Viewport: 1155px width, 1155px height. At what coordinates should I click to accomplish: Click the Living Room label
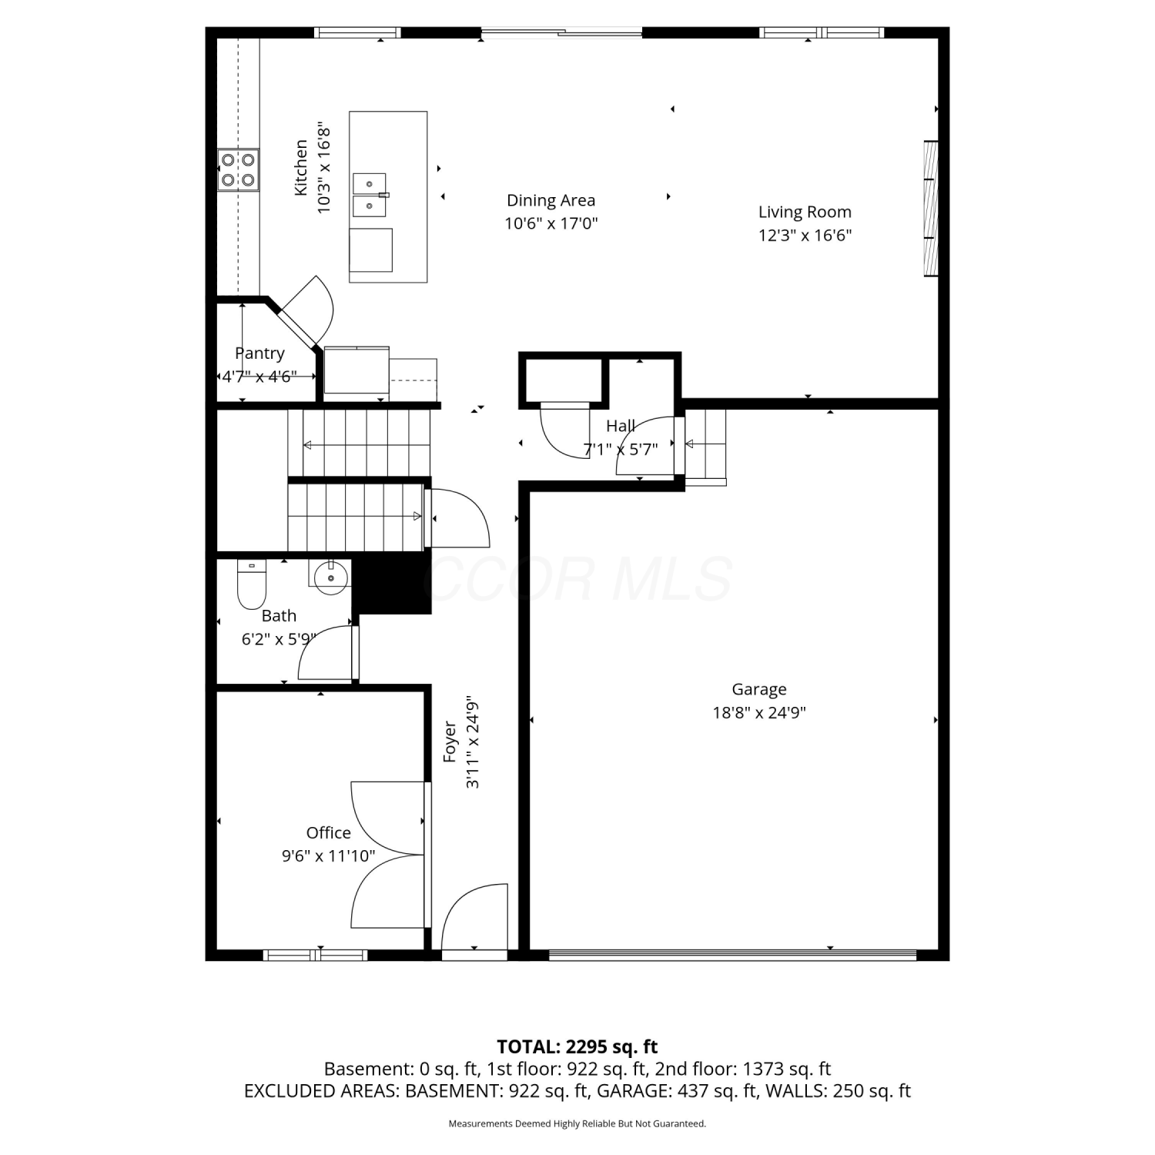[805, 212]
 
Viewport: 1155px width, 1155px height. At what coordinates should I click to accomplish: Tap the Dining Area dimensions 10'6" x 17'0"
[551, 224]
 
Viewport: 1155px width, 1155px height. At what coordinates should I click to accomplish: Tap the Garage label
[759, 689]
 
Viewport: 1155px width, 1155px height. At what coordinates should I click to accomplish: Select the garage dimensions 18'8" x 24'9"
[759, 712]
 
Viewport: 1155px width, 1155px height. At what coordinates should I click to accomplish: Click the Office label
[329, 832]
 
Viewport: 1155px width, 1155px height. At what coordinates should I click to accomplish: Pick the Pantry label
[259, 353]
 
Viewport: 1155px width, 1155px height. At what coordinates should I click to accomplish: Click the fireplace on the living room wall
[931, 209]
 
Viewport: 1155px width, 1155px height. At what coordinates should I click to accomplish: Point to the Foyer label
[450, 742]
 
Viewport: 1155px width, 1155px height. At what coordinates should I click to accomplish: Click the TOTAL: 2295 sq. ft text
[577, 1046]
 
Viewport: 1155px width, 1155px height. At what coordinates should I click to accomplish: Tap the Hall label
[621, 426]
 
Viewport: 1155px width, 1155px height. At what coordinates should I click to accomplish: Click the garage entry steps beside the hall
[705, 447]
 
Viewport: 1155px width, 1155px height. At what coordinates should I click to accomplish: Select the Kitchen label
[301, 167]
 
